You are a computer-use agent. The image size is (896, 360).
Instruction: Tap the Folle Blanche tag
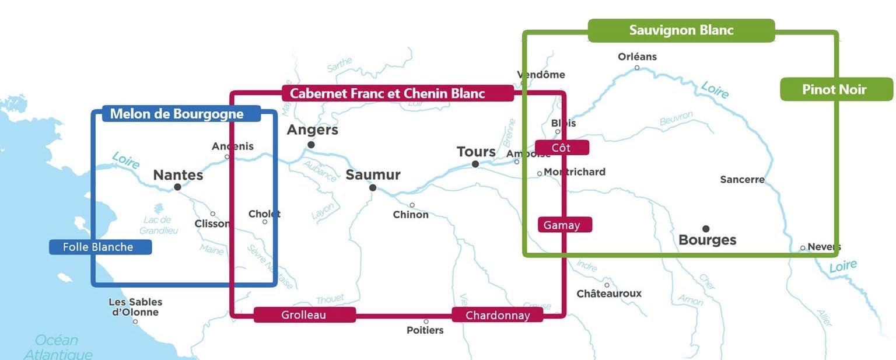coord(100,247)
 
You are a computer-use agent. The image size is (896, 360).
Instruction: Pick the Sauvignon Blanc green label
coord(681,30)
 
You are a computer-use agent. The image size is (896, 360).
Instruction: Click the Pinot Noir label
coord(836,89)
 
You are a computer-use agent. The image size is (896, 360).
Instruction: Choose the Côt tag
coord(562,148)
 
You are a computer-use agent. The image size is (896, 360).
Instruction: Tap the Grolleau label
coord(304,315)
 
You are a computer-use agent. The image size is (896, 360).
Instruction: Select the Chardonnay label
coord(497,315)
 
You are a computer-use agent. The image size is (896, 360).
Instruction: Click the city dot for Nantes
coord(177,187)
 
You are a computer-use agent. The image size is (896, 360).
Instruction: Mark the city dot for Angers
coord(311,145)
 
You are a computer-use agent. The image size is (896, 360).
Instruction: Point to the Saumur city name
coord(373,175)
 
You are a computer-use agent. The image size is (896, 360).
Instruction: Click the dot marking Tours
coord(475,165)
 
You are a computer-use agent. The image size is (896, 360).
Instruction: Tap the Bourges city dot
coord(706,229)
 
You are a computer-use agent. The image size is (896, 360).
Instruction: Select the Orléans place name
coord(637,57)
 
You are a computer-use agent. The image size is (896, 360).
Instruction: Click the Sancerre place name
coord(742,180)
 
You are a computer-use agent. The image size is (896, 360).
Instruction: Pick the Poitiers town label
coord(425,330)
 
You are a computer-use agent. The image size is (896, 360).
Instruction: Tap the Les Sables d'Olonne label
coord(135,307)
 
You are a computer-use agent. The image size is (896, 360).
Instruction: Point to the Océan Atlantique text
coord(57,347)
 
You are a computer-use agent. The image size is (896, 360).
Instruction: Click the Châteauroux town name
coord(608,293)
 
